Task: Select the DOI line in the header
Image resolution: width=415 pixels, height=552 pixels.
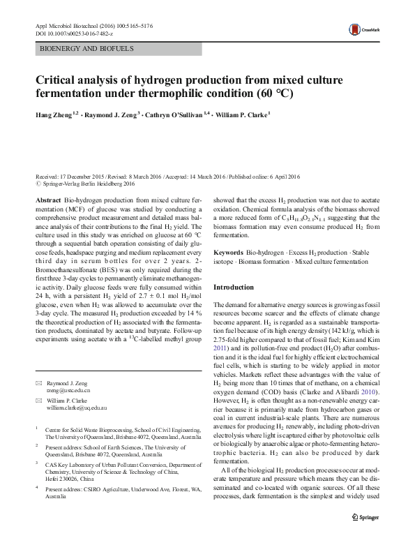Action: pos(75,33)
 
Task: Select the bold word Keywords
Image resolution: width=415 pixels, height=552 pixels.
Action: pos(229,251)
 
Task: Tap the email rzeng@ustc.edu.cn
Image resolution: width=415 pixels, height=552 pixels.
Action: pos(70,391)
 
